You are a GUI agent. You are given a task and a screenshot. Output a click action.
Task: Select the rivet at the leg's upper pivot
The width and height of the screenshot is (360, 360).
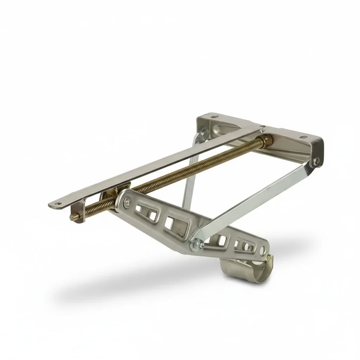coord(127,201)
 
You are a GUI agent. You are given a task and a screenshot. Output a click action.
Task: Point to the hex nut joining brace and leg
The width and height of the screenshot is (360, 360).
coord(195,244)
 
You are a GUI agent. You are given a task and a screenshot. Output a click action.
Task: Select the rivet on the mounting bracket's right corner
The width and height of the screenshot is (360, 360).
coord(317,161)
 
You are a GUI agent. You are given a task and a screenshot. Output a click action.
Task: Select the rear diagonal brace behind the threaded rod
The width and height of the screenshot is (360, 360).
coord(190,176)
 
